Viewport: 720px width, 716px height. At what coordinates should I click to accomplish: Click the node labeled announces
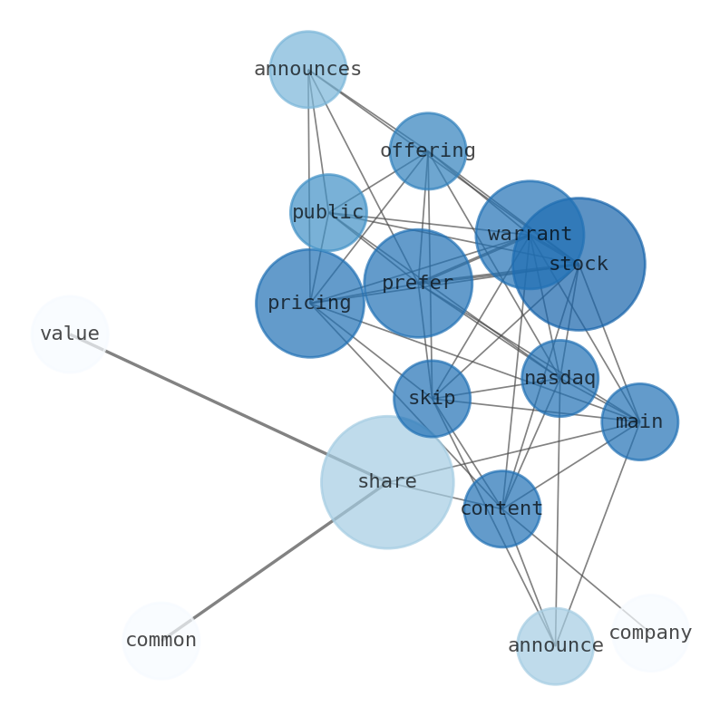pyautogui.click(x=307, y=69)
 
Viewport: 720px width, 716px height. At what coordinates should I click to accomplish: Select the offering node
pyautogui.click(x=427, y=150)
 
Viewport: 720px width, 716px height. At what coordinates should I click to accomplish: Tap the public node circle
pyautogui.click(x=327, y=212)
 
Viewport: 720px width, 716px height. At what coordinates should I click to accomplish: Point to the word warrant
pyautogui.click(x=530, y=234)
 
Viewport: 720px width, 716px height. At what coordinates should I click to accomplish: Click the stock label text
pyautogui.click(x=578, y=264)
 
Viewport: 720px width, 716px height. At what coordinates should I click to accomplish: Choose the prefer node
pyautogui.click(x=417, y=283)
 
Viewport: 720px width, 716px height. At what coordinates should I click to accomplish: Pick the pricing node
pyautogui.click(x=309, y=303)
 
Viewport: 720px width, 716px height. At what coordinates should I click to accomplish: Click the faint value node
pyautogui.click(x=69, y=334)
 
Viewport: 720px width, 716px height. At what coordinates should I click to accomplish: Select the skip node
pyautogui.click(x=432, y=398)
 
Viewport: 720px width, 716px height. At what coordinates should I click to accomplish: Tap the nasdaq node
pyautogui.click(x=559, y=378)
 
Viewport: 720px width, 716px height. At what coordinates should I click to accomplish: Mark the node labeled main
pyautogui.click(x=639, y=421)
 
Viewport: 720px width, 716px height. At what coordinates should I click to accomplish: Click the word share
pyautogui.click(x=387, y=481)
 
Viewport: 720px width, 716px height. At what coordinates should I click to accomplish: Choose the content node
pyautogui.click(x=501, y=508)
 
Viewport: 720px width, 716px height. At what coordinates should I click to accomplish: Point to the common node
pyautogui.click(x=161, y=640)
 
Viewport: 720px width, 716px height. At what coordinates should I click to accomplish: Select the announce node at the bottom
pyautogui.click(x=555, y=645)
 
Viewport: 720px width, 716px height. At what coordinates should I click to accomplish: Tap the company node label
pyautogui.click(x=650, y=633)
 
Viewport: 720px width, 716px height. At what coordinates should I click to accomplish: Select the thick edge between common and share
pyautogui.click(x=272, y=562)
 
